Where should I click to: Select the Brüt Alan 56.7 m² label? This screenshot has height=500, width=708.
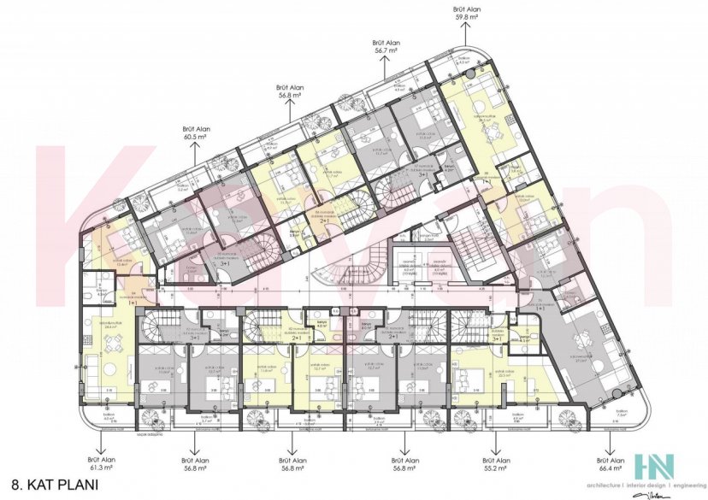386,45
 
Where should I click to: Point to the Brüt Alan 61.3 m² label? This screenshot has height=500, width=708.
101,465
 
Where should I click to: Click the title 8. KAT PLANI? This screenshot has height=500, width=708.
51,485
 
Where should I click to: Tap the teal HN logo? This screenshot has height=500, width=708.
653,467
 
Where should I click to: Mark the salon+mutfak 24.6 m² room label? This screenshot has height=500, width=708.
110,326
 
